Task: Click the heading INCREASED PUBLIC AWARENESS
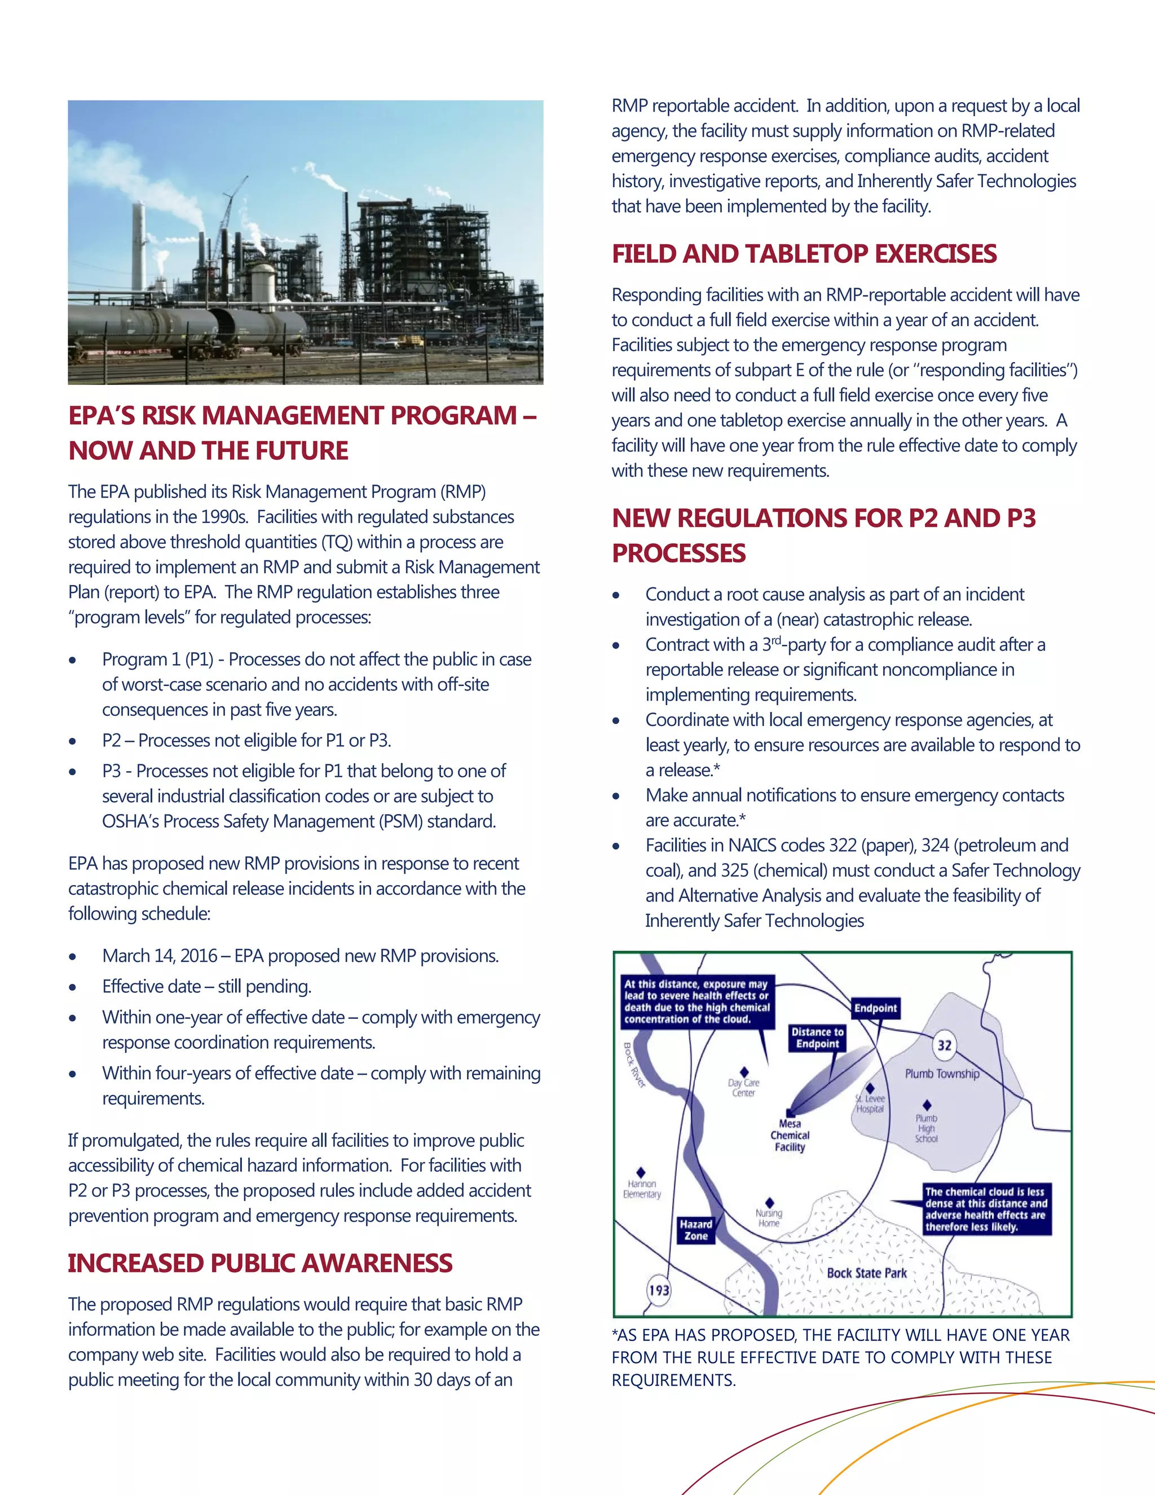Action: click(x=259, y=1263)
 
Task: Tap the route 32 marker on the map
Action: click(x=944, y=1045)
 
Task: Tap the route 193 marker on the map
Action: click(x=659, y=1290)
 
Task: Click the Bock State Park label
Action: click(x=866, y=1273)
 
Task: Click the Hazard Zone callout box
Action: click(x=695, y=1230)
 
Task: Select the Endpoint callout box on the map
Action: click(x=875, y=1008)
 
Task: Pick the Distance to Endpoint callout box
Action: click(x=817, y=1037)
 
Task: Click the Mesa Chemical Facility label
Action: click(x=790, y=1135)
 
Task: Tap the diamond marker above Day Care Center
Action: click(x=744, y=1072)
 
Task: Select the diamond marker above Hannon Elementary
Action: click(x=641, y=1173)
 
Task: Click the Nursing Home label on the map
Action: click(x=769, y=1218)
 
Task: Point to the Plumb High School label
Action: click(x=926, y=1128)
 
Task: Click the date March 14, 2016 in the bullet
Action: click(x=160, y=956)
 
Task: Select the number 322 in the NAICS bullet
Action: click(x=843, y=846)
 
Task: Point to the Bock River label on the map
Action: click(x=633, y=1065)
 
